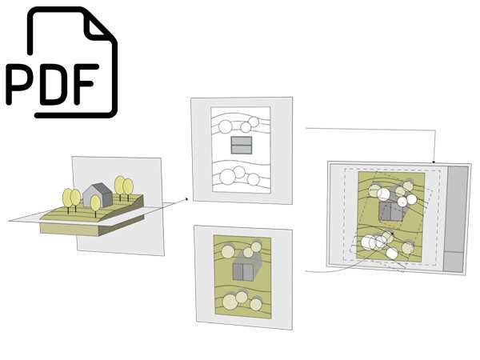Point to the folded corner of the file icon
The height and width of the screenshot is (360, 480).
click(x=98, y=26)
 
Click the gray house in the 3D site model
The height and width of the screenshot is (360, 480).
click(x=98, y=195)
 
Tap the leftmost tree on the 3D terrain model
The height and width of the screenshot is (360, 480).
click(x=67, y=199)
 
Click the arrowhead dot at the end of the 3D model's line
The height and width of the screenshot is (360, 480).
click(x=186, y=199)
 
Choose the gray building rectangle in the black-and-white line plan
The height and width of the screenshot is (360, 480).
click(x=242, y=145)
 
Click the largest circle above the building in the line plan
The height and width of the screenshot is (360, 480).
click(x=226, y=126)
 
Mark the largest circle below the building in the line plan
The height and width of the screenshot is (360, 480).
click(x=227, y=176)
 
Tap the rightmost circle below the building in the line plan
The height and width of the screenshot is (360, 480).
click(x=253, y=179)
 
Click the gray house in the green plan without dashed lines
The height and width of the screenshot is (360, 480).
click(x=243, y=271)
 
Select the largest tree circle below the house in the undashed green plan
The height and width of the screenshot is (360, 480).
click(x=230, y=302)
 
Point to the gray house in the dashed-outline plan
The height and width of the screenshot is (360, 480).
click(x=390, y=211)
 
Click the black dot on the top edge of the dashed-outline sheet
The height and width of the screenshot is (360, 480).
click(x=434, y=162)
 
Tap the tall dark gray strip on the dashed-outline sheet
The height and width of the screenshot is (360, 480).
click(x=457, y=209)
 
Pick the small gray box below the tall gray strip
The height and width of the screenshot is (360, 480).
click(x=454, y=262)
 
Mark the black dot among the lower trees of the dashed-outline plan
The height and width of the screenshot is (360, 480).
click(x=393, y=234)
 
